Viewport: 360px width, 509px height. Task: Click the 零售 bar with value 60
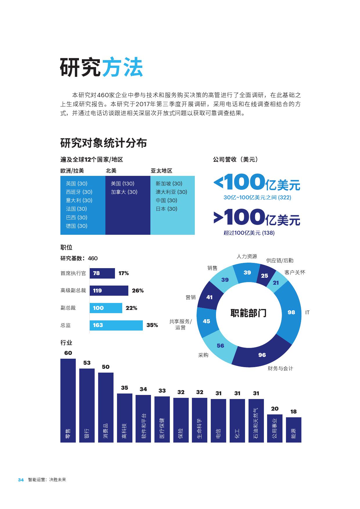tap(68, 400)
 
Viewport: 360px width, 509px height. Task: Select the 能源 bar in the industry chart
tap(294, 430)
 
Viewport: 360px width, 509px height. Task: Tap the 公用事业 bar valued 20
tap(275, 428)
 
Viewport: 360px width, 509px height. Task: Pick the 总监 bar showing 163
tap(116, 325)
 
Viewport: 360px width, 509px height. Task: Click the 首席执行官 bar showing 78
tap(102, 273)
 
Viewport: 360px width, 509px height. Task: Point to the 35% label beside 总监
tap(152, 325)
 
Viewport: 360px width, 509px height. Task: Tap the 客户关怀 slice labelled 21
tap(276, 283)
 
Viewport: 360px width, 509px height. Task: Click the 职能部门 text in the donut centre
tap(248, 313)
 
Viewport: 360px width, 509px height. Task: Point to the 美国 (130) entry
tap(123, 184)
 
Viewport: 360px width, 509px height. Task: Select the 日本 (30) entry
tap(166, 209)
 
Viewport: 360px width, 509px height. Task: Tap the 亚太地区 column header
tap(161, 171)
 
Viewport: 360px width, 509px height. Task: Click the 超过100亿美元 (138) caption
tap(249, 233)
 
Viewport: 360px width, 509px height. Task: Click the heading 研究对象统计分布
tap(103, 143)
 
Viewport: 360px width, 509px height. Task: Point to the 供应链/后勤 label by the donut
tap(280, 261)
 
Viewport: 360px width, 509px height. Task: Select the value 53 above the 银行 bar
tap(87, 363)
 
